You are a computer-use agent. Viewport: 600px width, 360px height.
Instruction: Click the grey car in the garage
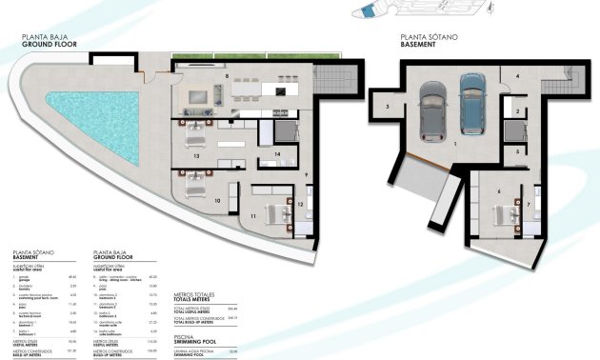pos(431,107)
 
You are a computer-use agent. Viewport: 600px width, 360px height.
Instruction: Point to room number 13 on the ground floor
pos(195,153)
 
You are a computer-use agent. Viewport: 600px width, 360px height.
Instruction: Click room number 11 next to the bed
pos(253,217)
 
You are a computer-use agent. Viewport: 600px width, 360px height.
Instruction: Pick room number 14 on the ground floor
pos(277,152)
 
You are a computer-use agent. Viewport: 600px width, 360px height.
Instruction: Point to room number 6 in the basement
pos(498,191)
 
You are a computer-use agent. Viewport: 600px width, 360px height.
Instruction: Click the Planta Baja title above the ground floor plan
pos(42,41)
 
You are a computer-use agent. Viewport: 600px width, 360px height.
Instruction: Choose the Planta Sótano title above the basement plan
pos(423,41)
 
